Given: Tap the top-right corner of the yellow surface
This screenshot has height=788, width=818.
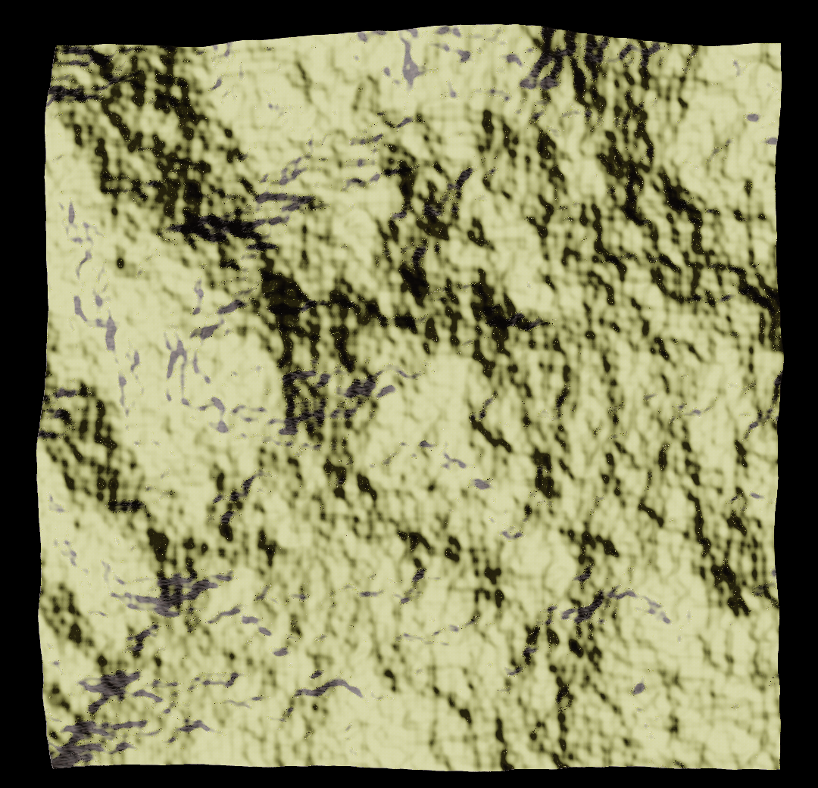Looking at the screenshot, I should [780, 44].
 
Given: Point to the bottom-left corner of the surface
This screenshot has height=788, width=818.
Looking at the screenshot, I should [52, 766].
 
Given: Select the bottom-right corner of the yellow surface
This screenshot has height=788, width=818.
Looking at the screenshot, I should [779, 768].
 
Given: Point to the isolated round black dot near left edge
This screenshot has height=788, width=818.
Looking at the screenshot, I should [120, 263].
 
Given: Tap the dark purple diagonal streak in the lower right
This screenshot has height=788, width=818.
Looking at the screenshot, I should [591, 606].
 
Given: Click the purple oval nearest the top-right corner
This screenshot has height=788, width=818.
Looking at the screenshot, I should [752, 117].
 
